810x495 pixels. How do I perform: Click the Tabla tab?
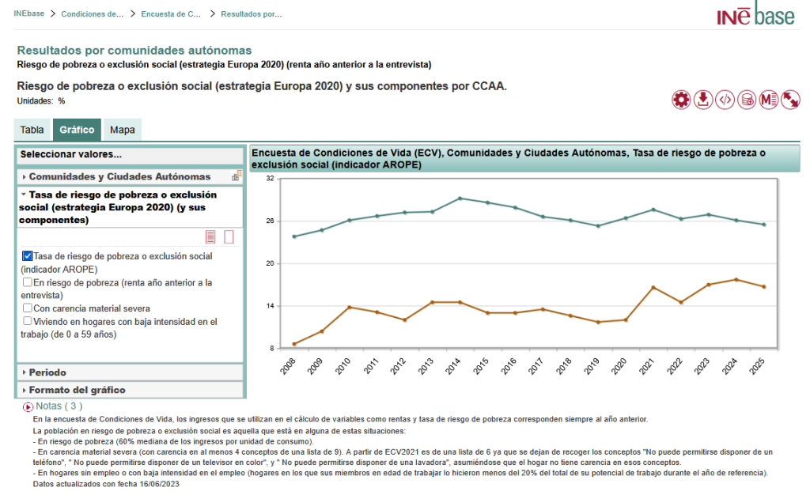coord(32,130)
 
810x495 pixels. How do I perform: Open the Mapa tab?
coord(122,130)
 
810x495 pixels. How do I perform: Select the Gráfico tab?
coord(77,130)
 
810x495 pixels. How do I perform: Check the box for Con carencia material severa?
coord(28,308)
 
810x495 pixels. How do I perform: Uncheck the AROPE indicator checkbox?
coord(28,256)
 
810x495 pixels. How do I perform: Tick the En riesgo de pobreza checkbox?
coord(28,282)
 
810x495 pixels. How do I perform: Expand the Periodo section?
coord(47,372)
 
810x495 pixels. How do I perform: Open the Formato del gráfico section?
coord(77,390)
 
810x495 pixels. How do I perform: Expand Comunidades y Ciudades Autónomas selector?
coord(119,176)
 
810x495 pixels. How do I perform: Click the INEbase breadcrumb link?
coord(28,14)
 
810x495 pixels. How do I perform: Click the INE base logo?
coord(756,15)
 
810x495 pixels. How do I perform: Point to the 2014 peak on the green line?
coord(460,198)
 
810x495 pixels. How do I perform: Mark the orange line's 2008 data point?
coord(294,344)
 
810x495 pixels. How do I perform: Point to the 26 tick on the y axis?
coord(270,221)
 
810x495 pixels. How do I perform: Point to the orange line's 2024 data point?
coord(736,279)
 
